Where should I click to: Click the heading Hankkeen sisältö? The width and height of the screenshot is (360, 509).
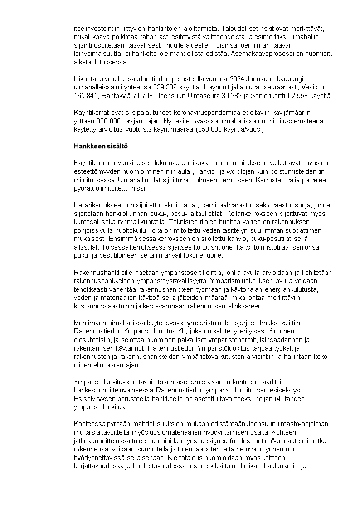coord(101,146)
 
